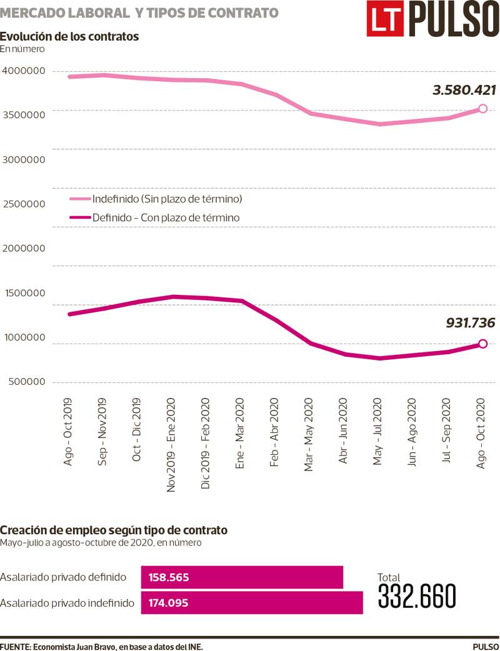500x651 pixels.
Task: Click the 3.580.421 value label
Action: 464,91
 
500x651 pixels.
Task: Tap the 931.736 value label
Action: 470,323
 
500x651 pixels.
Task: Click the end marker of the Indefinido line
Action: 482,109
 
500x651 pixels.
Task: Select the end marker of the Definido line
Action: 482,343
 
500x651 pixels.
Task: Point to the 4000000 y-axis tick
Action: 24,71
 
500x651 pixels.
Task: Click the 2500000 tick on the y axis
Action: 24,204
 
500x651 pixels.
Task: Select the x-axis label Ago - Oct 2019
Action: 69,431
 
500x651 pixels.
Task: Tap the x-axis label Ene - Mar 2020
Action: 241,431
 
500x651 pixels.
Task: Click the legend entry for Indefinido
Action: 166,199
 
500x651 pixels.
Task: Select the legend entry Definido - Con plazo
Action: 166,217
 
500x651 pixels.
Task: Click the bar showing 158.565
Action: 242,577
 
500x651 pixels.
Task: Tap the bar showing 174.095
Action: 252,603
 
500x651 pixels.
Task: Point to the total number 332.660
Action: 417,597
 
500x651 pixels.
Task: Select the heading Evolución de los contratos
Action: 69,36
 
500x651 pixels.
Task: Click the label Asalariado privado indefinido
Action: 67,603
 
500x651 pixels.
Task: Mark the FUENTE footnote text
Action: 102,645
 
